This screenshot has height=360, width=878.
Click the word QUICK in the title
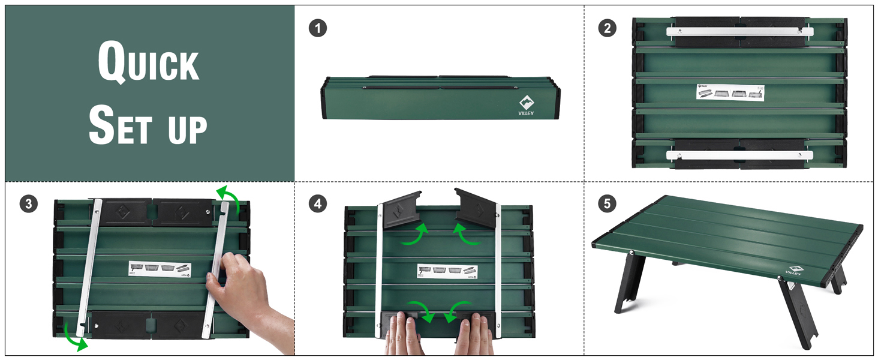point(149,62)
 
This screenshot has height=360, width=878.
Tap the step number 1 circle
point(318,28)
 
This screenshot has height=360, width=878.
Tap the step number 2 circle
point(607,28)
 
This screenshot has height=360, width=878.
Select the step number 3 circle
point(29,204)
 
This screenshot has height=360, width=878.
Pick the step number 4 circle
point(318,204)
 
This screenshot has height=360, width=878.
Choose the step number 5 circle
point(607,204)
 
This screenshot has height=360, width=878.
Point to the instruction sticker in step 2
point(730,92)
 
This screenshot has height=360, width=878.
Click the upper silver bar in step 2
point(739,31)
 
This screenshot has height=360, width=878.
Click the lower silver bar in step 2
point(739,155)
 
